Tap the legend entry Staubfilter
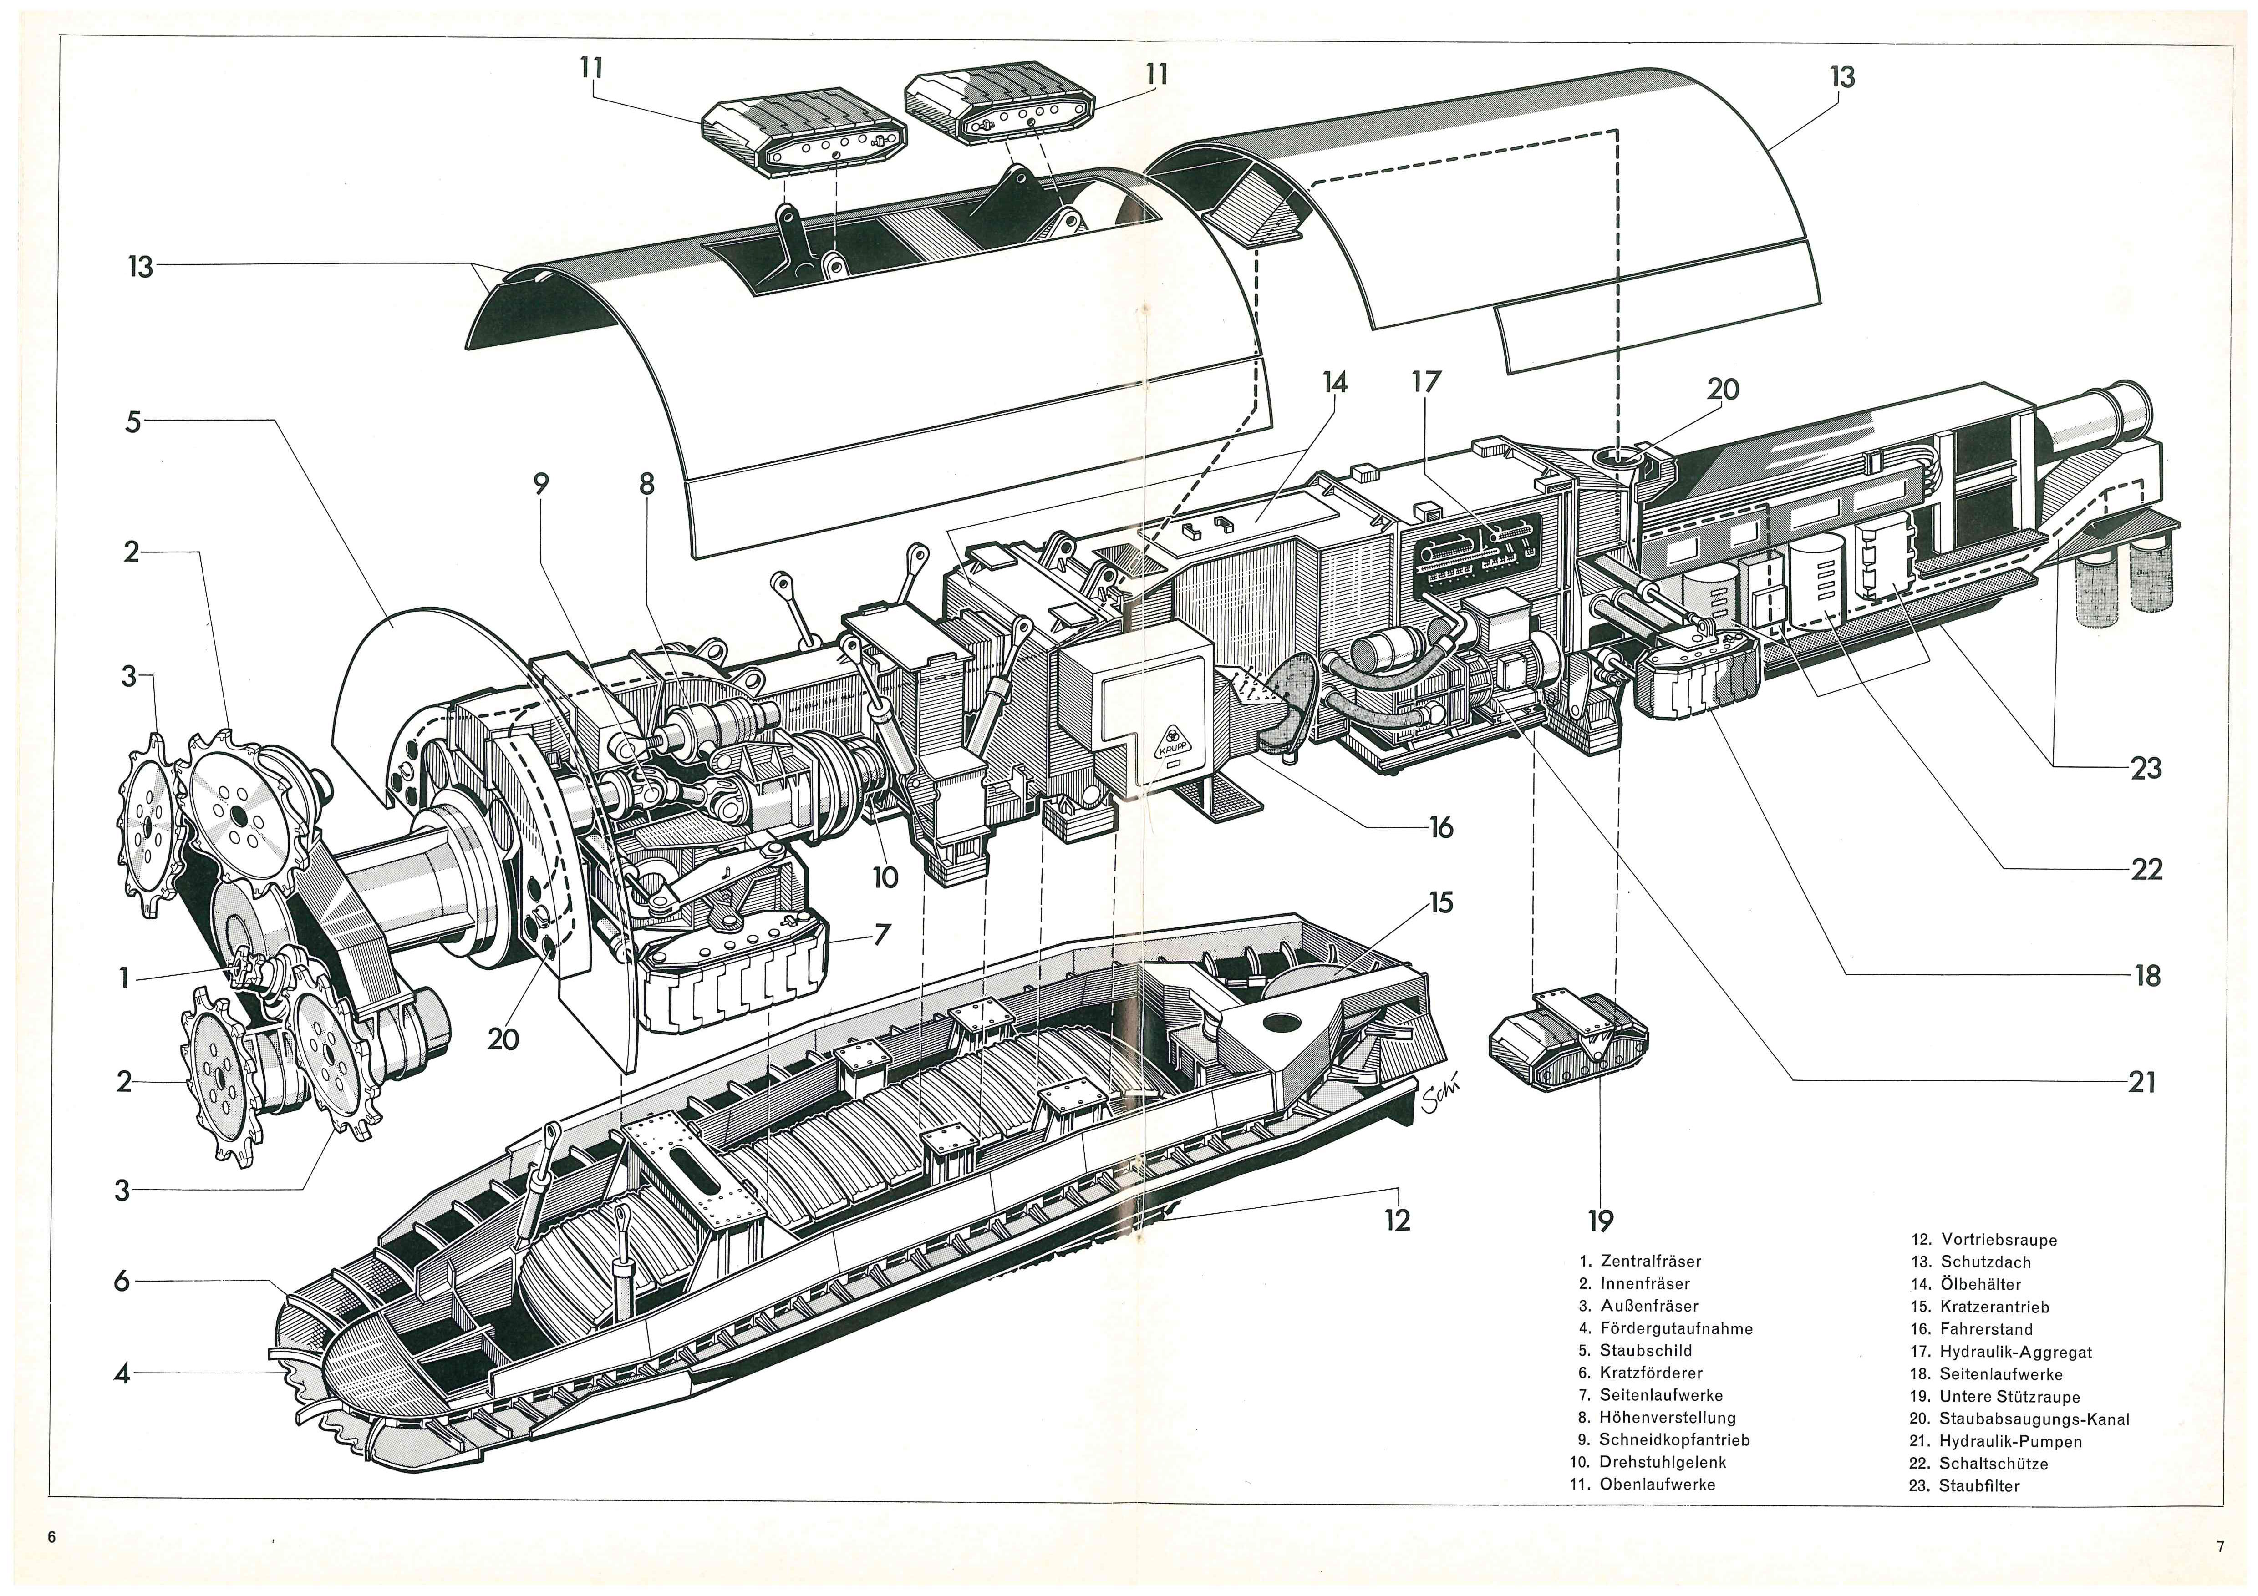[x=1978, y=1485]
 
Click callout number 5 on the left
[x=133, y=422]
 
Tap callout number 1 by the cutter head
[x=124, y=978]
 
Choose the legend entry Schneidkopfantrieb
[x=1673, y=1439]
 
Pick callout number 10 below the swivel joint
[x=885, y=877]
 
